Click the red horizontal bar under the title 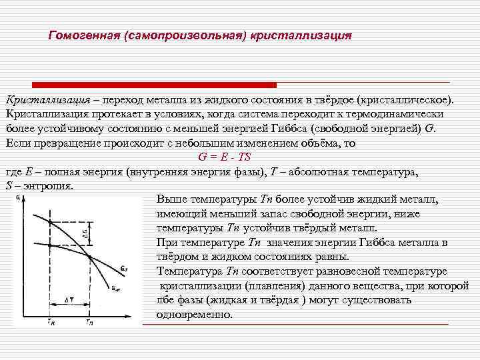coord(140,85)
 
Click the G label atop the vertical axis coord(16,197)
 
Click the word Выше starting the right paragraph coord(171,200)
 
